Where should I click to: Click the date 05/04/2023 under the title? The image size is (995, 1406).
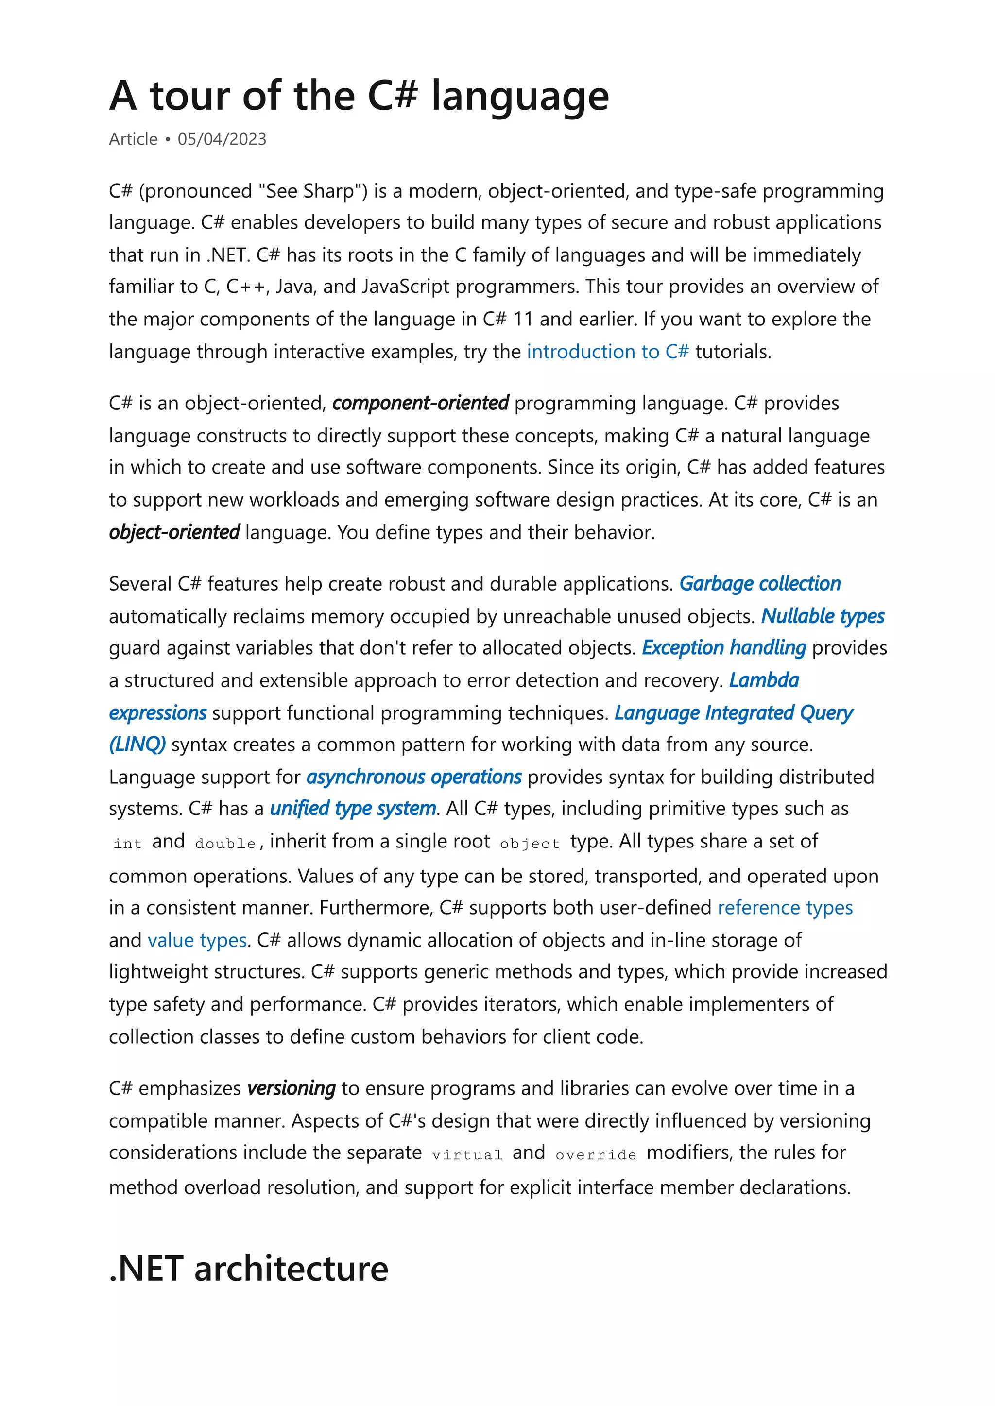click(222, 139)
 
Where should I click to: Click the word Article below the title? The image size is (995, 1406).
click(133, 139)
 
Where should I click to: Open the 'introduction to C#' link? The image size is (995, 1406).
click(607, 352)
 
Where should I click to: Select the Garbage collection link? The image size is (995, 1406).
click(760, 584)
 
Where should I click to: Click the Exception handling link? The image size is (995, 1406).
click(723, 648)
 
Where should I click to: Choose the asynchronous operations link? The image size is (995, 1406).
click(413, 777)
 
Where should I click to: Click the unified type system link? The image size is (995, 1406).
click(353, 809)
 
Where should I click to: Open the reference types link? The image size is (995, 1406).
click(785, 908)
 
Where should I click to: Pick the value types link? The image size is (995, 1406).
click(197, 940)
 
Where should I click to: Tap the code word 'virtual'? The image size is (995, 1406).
click(467, 1155)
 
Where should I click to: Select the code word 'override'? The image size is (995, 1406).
click(596, 1155)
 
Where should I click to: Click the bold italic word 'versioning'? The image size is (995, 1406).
click(291, 1088)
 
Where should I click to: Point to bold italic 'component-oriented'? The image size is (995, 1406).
click(420, 403)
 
